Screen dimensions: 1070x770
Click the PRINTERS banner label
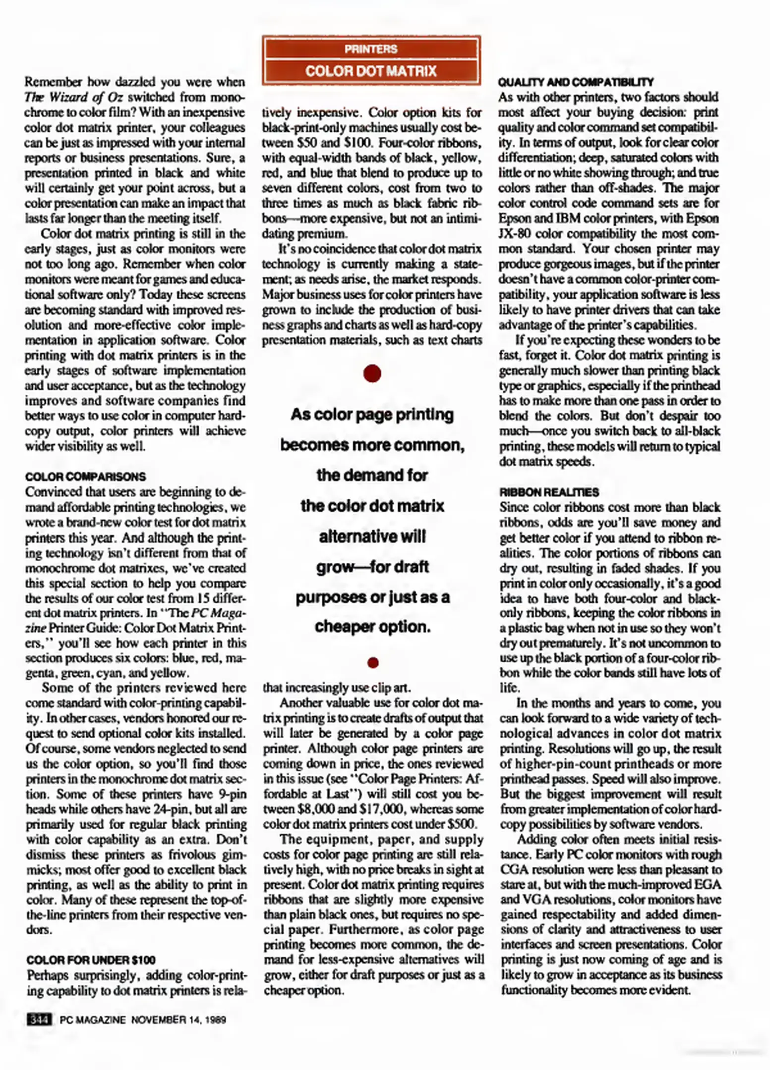371,49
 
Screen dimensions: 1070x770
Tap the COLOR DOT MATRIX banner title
371,71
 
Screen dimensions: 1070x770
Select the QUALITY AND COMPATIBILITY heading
576,82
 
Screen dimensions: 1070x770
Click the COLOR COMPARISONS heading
85,477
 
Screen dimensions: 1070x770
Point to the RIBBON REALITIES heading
549,492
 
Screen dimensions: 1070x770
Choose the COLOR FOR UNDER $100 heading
91,960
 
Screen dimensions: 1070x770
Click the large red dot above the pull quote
372,374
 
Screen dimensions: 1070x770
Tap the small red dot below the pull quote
373,662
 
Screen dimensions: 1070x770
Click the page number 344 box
39,1019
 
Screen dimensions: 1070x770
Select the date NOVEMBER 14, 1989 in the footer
178,1020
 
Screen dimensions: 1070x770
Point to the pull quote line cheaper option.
372,627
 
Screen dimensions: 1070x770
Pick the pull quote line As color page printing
372,414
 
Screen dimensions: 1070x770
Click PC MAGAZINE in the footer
92,1020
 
